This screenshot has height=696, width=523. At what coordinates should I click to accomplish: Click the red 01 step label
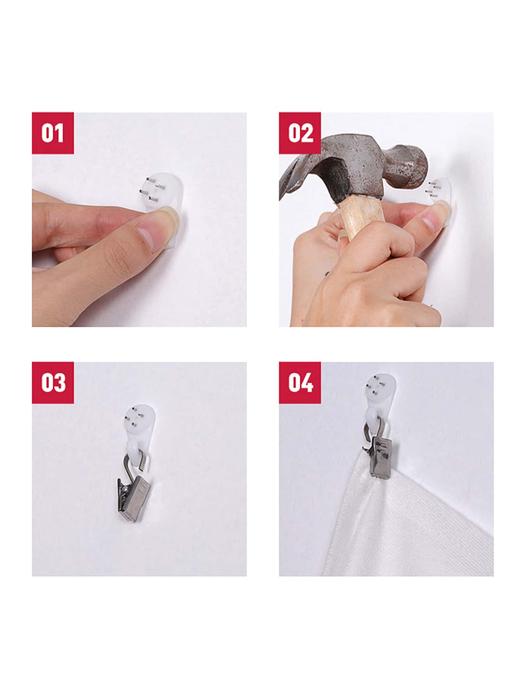[x=53, y=133]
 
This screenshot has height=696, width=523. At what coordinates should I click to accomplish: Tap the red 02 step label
[x=300, y=133]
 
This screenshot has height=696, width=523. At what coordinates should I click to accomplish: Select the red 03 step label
[x=53, y=383]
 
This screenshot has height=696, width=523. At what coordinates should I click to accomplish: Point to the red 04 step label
[x=300, y=383]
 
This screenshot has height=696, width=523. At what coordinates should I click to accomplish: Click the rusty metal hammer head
[x=363, y=168]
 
